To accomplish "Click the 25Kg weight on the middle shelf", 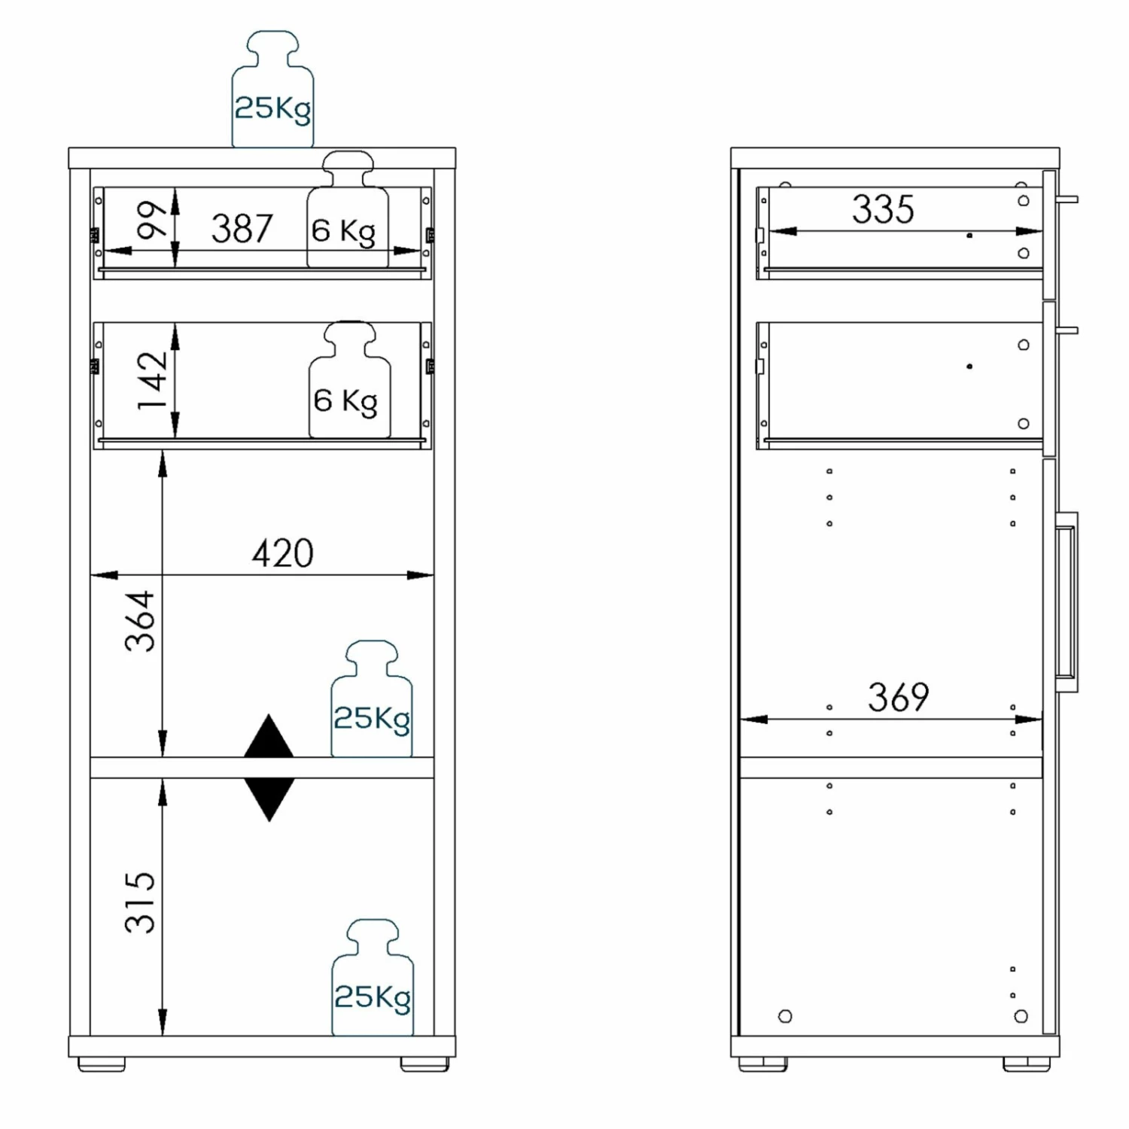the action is coord(372,699).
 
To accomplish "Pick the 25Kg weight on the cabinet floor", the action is coord(373,978).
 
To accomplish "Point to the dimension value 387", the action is coord(242,229).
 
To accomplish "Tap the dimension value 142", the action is coord(153,380).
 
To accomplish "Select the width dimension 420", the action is coord(282,554).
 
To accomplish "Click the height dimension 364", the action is coord(141,621).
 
